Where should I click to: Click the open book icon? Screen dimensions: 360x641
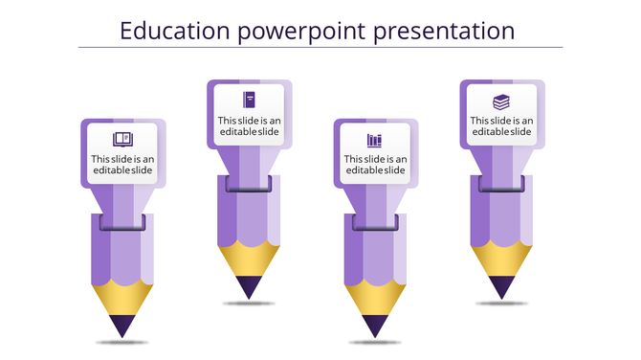(122, 139)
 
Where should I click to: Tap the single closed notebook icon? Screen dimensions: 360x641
(249, 99)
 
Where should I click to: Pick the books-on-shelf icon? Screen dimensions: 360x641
(374, 140)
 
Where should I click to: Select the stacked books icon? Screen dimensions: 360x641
(501, 101)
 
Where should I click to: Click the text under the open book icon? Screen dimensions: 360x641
(122, 165)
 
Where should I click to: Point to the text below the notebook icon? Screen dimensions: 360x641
(249, 125)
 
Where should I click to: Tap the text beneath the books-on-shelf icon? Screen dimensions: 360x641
(375, 165)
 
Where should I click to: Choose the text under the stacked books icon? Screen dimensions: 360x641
(501, 125)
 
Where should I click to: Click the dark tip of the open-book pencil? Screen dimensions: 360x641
(122, 326)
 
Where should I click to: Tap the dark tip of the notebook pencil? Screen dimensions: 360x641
(249, 286)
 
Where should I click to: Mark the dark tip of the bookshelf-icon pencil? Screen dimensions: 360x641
(375, 326)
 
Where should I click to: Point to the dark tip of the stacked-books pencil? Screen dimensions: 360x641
(501, 286)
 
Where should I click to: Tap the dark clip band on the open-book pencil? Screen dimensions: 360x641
(122, 222)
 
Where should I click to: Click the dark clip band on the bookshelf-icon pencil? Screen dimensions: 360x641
(375, 222)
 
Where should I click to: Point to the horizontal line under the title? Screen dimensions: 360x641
(320, 48)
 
